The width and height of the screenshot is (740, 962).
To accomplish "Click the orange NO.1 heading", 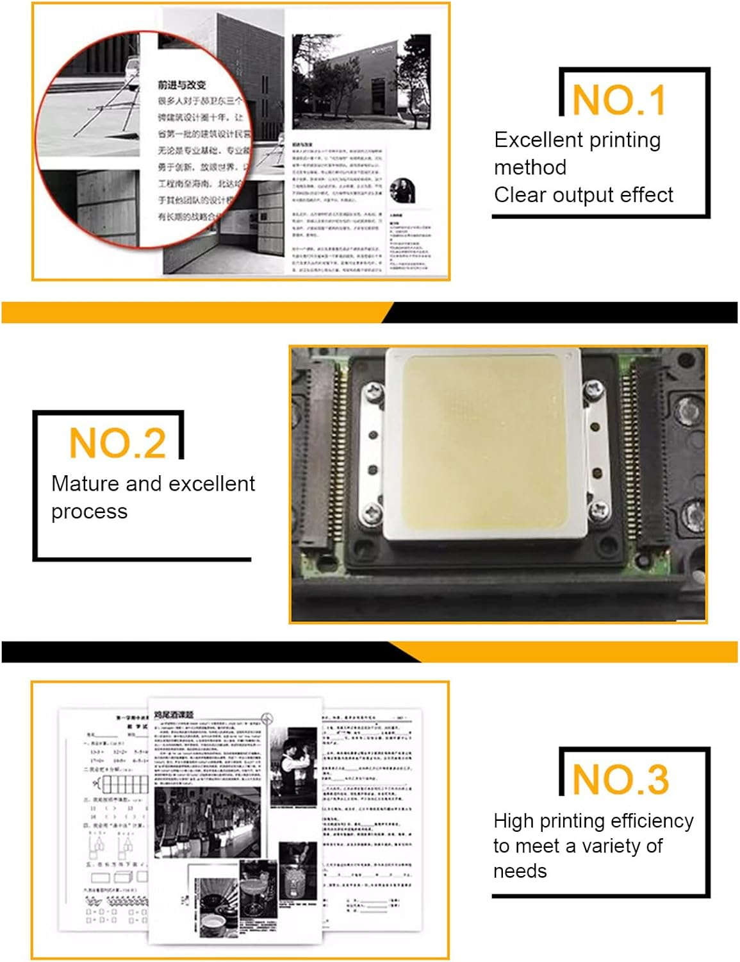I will pos(619,101).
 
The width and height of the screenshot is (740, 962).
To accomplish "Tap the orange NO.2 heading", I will pos(117,443).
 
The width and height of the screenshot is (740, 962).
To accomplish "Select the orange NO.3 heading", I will pos(620,779).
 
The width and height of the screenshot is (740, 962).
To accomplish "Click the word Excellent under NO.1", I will pos(536,140).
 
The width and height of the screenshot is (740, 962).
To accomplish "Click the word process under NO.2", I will pos(89,512).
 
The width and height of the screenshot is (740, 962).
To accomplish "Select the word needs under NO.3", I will pos(520,871).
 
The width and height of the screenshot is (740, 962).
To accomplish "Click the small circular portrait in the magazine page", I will pos(402,190).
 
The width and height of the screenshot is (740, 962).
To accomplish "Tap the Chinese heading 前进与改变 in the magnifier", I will pos(182,85).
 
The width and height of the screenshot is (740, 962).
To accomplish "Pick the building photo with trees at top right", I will pos(361,82).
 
